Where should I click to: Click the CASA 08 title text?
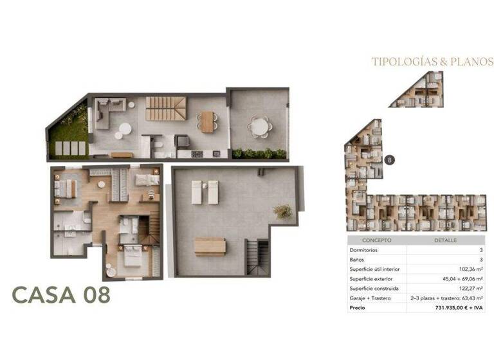[61, 295]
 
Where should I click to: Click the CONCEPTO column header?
[377, 240]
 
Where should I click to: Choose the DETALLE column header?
[446, 240]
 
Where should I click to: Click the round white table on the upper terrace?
[259, 127]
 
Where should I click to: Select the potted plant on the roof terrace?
[282, 211]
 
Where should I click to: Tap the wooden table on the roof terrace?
[210, 246]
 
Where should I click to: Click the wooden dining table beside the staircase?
[206, 122]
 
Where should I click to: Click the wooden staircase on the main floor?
[160, 109]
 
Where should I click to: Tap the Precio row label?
[357, 308]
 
